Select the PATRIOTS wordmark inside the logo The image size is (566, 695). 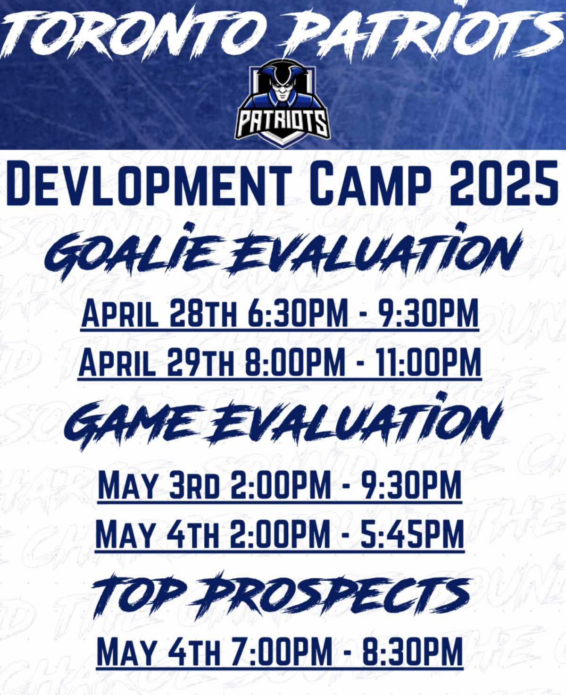tap(283, 122)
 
